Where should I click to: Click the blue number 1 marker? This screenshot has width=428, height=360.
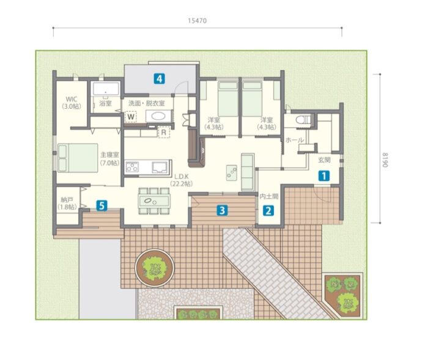(324, 176)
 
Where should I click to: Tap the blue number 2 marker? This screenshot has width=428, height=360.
(268, 211)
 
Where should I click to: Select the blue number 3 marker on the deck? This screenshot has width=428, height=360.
(222, 210)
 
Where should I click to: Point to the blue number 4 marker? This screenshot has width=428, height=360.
(159, 79)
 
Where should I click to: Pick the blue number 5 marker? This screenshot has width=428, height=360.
(101, 205)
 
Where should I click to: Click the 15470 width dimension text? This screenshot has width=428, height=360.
(197, 21)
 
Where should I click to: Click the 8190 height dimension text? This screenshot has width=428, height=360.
(385, 160)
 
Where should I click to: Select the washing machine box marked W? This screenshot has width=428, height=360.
(131, 117)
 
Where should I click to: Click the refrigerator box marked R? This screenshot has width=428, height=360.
(164, 133)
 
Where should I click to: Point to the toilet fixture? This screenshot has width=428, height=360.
(303, 120)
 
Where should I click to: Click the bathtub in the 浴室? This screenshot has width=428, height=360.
(106, 89)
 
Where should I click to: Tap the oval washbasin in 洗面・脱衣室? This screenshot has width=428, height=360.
(158, 117)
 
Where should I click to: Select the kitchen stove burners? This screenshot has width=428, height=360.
(132, 167)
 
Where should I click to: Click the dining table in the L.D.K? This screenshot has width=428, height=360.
(154, 201)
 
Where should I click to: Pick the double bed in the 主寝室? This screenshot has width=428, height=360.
(78, 158)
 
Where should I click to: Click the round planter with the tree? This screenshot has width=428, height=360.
(155, 268)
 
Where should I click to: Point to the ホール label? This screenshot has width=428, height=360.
(295, 140)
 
